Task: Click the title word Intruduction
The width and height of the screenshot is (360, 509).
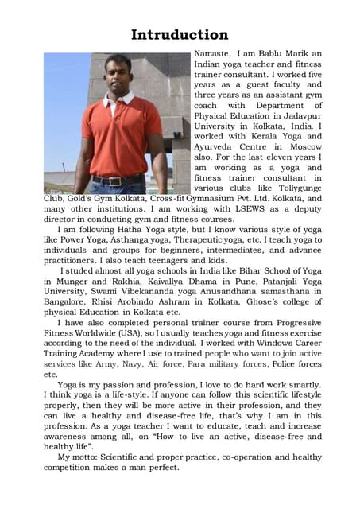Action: click(180, 35)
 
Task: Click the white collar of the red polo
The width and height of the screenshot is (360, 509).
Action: click(118, 99)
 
